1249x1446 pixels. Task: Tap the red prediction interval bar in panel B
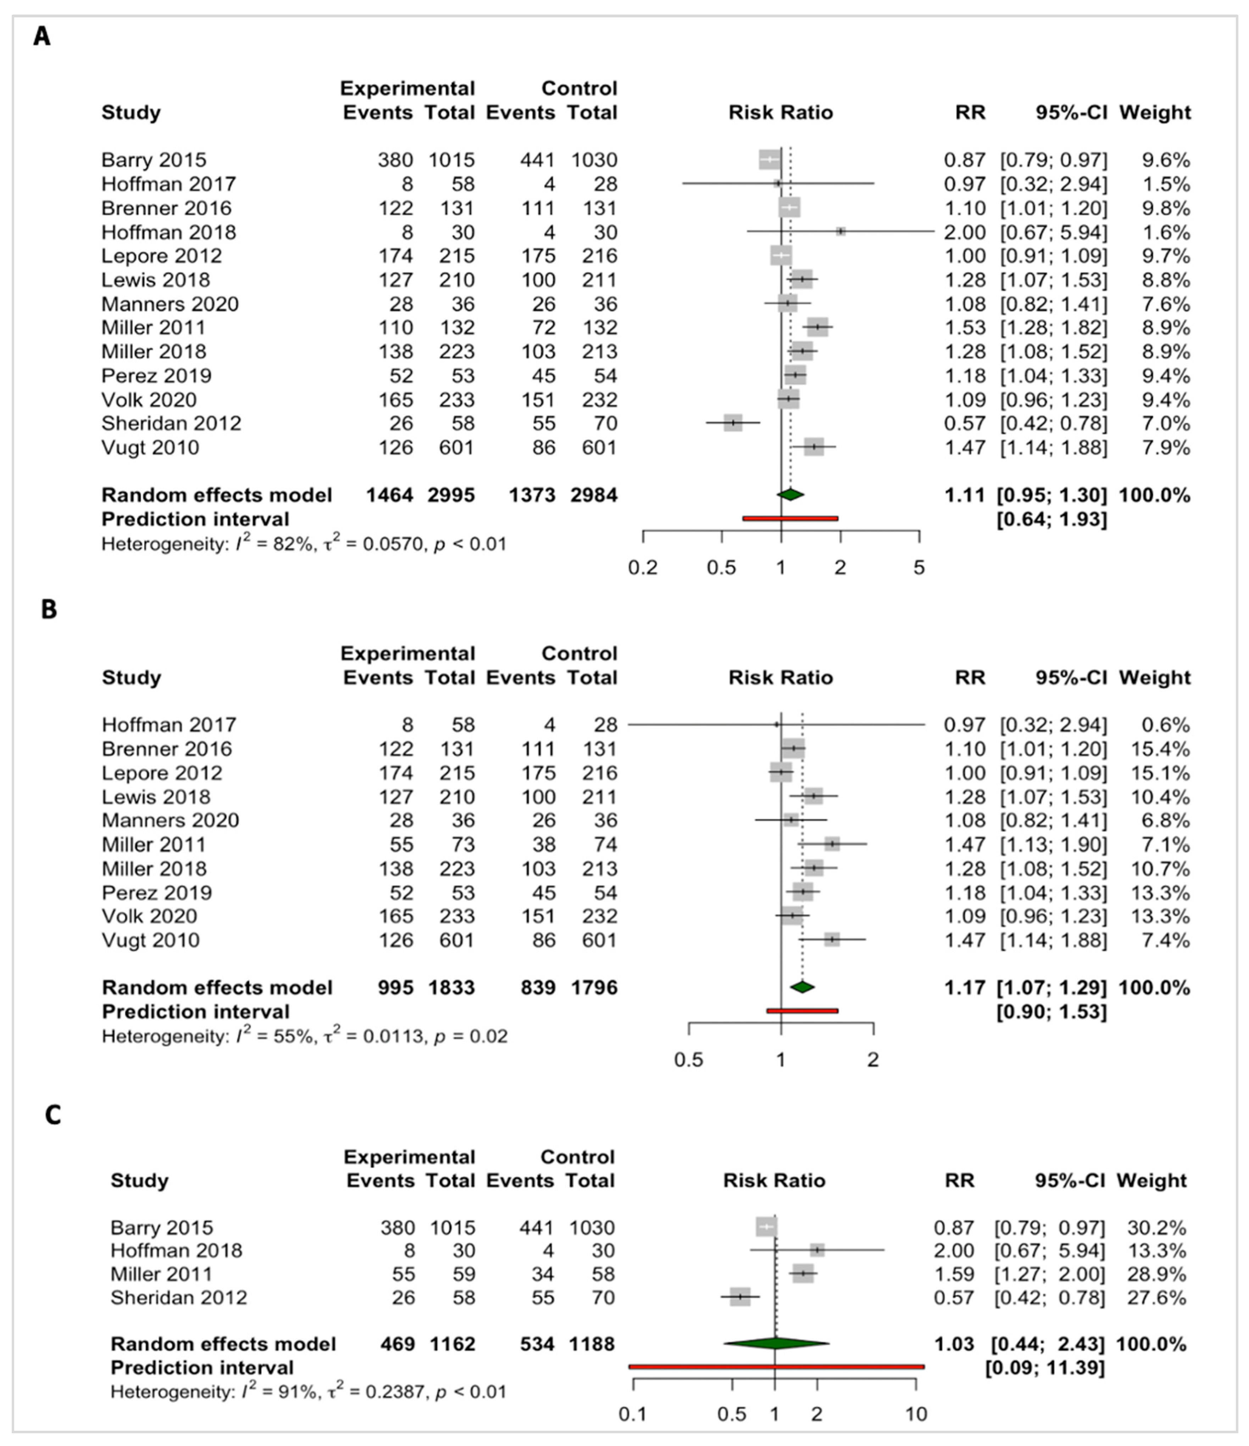[802, 1010]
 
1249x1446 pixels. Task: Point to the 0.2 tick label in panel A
[642, 567]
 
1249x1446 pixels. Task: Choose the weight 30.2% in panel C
[1156, 1228]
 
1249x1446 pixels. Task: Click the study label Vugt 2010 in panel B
[150, 940]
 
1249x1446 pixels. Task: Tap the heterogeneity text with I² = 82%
[304, 544]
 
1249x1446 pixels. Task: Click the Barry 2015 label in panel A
[154, 160]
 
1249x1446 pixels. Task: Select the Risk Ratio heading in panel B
[781, 678]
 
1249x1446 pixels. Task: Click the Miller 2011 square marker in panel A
[817, 327]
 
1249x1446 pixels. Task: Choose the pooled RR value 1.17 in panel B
[965, 987]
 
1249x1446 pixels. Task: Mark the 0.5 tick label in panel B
[688, 1060]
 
